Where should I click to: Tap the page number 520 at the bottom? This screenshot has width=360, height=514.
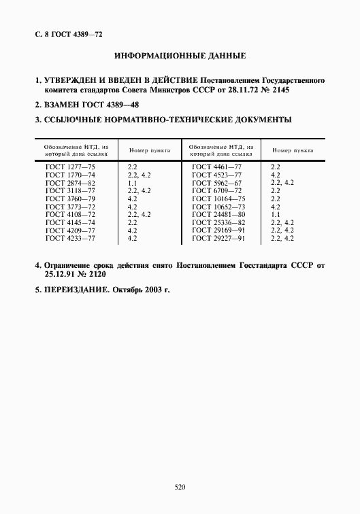(x=180, y=487)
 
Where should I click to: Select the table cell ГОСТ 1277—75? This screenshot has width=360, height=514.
(x=70, y=166)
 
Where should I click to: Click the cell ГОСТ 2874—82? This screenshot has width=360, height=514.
(x=70, y=184)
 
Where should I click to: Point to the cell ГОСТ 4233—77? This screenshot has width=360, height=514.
(x=70, y=239)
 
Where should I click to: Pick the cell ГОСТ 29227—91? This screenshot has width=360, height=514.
(x=218, y=239)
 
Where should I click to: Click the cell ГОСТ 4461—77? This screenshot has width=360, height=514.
(x=217, y=166)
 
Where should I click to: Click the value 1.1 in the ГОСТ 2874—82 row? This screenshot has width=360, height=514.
(x=132, y=184)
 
